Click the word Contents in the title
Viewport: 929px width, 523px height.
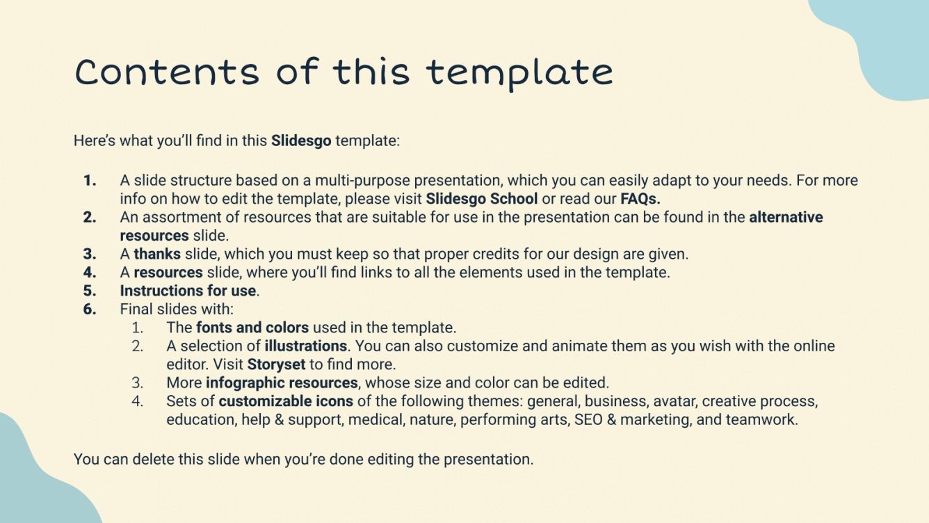pyautogui.click(x=166, y=71)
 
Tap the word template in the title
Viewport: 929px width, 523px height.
pyautogui.click(x=519, y=72)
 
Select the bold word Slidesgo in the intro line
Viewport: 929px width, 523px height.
pyautogui.click(x=301, y=140)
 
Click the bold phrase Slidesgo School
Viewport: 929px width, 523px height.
pyautogui.click(x=481, y=198)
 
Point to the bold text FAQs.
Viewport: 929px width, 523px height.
pyautogui.click(x=640, y=198)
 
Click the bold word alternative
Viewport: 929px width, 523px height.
pyautogui.click(x=786, y=217)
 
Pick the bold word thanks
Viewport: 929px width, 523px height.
pyautogui.click(x=157, y=254)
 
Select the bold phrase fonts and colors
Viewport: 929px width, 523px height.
pyautogui.click(x=252, y=327)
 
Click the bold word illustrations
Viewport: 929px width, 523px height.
pyautogui.click(x=305, y=346)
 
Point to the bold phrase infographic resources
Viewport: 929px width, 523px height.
pyautogui.click(x=282, y=383)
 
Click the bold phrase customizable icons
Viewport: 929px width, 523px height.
pyautogui.click(x=286, y=401)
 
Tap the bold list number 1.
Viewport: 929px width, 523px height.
pyautogui.click(x=90, y=180)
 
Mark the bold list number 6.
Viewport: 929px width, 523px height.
pyautogui.click(x=90, y=309)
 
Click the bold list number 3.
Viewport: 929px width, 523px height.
pyautogui.click(x=90, y=254)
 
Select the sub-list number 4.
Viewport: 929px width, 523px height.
pyautogui.click(x=138, y=401)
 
